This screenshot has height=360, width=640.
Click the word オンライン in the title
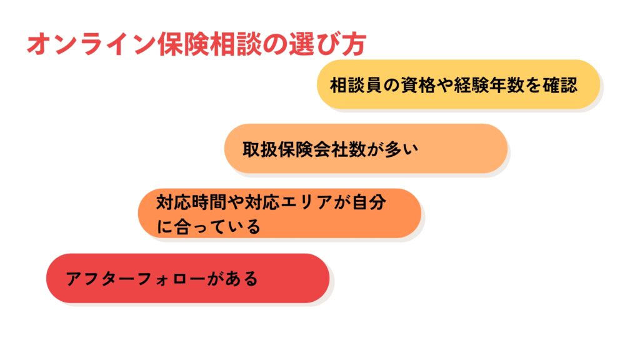click(x=91, y=44)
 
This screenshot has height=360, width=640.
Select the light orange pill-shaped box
click(x=366, y=149)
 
